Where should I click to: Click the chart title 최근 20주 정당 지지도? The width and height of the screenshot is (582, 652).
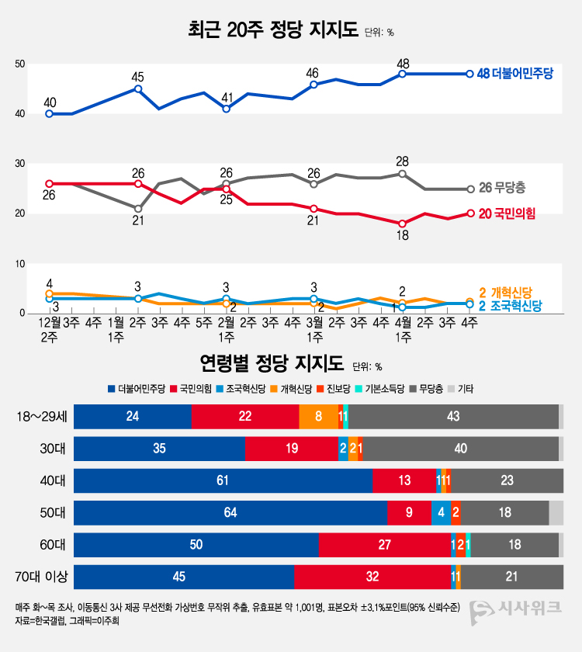[x=273, y=31]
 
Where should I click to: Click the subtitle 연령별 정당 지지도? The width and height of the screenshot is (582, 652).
[x=272, y=362]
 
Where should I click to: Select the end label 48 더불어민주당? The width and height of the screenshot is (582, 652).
[x=514, y=74]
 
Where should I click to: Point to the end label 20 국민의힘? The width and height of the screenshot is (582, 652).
[x=508, y=214]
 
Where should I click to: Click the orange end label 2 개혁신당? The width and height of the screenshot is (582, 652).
[x=505, y=292]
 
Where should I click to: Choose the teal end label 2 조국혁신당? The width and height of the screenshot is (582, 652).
[x=509, y=306]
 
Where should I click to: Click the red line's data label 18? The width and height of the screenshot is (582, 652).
[x=402, y=236]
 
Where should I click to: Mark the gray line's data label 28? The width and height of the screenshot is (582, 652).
[x=402, y=161]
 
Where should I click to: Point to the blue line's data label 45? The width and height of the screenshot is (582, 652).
[x=138, y=77]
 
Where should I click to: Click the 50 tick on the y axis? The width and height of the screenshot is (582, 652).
[x=20, y=64]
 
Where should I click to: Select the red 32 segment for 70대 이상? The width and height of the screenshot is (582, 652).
[x=372, y=576]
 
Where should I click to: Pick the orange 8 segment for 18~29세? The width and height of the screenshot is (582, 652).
[x=318, y=417]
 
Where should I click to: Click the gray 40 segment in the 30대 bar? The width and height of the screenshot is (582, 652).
[x=460, y=449]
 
